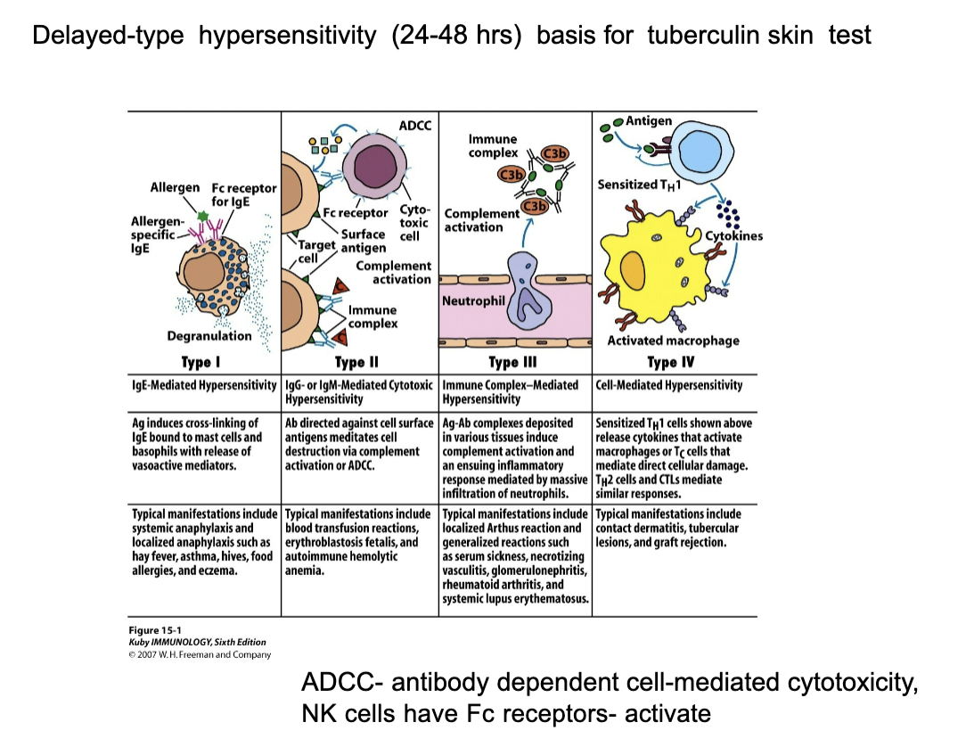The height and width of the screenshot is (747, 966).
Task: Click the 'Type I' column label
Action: [201, 362]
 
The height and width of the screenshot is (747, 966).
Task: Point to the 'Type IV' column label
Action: [671, 362]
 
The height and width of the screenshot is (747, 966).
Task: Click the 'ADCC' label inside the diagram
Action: [414, 126]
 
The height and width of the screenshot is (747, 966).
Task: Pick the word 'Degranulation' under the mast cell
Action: [209, 336]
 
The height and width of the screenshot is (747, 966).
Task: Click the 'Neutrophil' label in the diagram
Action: [473, 301]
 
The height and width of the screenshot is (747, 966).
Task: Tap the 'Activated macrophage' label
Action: [673, 341]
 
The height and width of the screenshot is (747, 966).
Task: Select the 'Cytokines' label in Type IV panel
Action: [733, 236]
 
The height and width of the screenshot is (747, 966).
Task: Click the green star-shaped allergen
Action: [203, 216]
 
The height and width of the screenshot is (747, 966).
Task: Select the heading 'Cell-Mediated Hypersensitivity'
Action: [669, 385]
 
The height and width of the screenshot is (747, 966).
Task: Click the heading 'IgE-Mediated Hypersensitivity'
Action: [204, 385]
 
